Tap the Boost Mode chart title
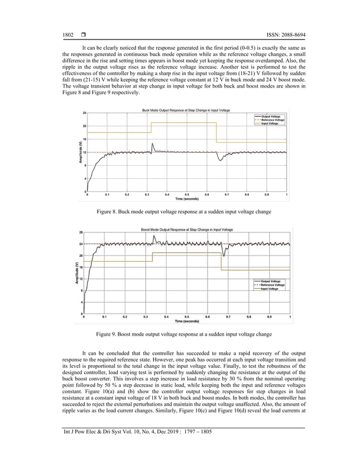click(x=187, y=228)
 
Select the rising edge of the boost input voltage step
click(x=152, y=257)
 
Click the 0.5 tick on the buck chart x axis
click(x=187, y=195)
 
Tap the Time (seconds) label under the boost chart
click(x=187, y=321)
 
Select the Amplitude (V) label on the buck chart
click(x=80, y=152)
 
